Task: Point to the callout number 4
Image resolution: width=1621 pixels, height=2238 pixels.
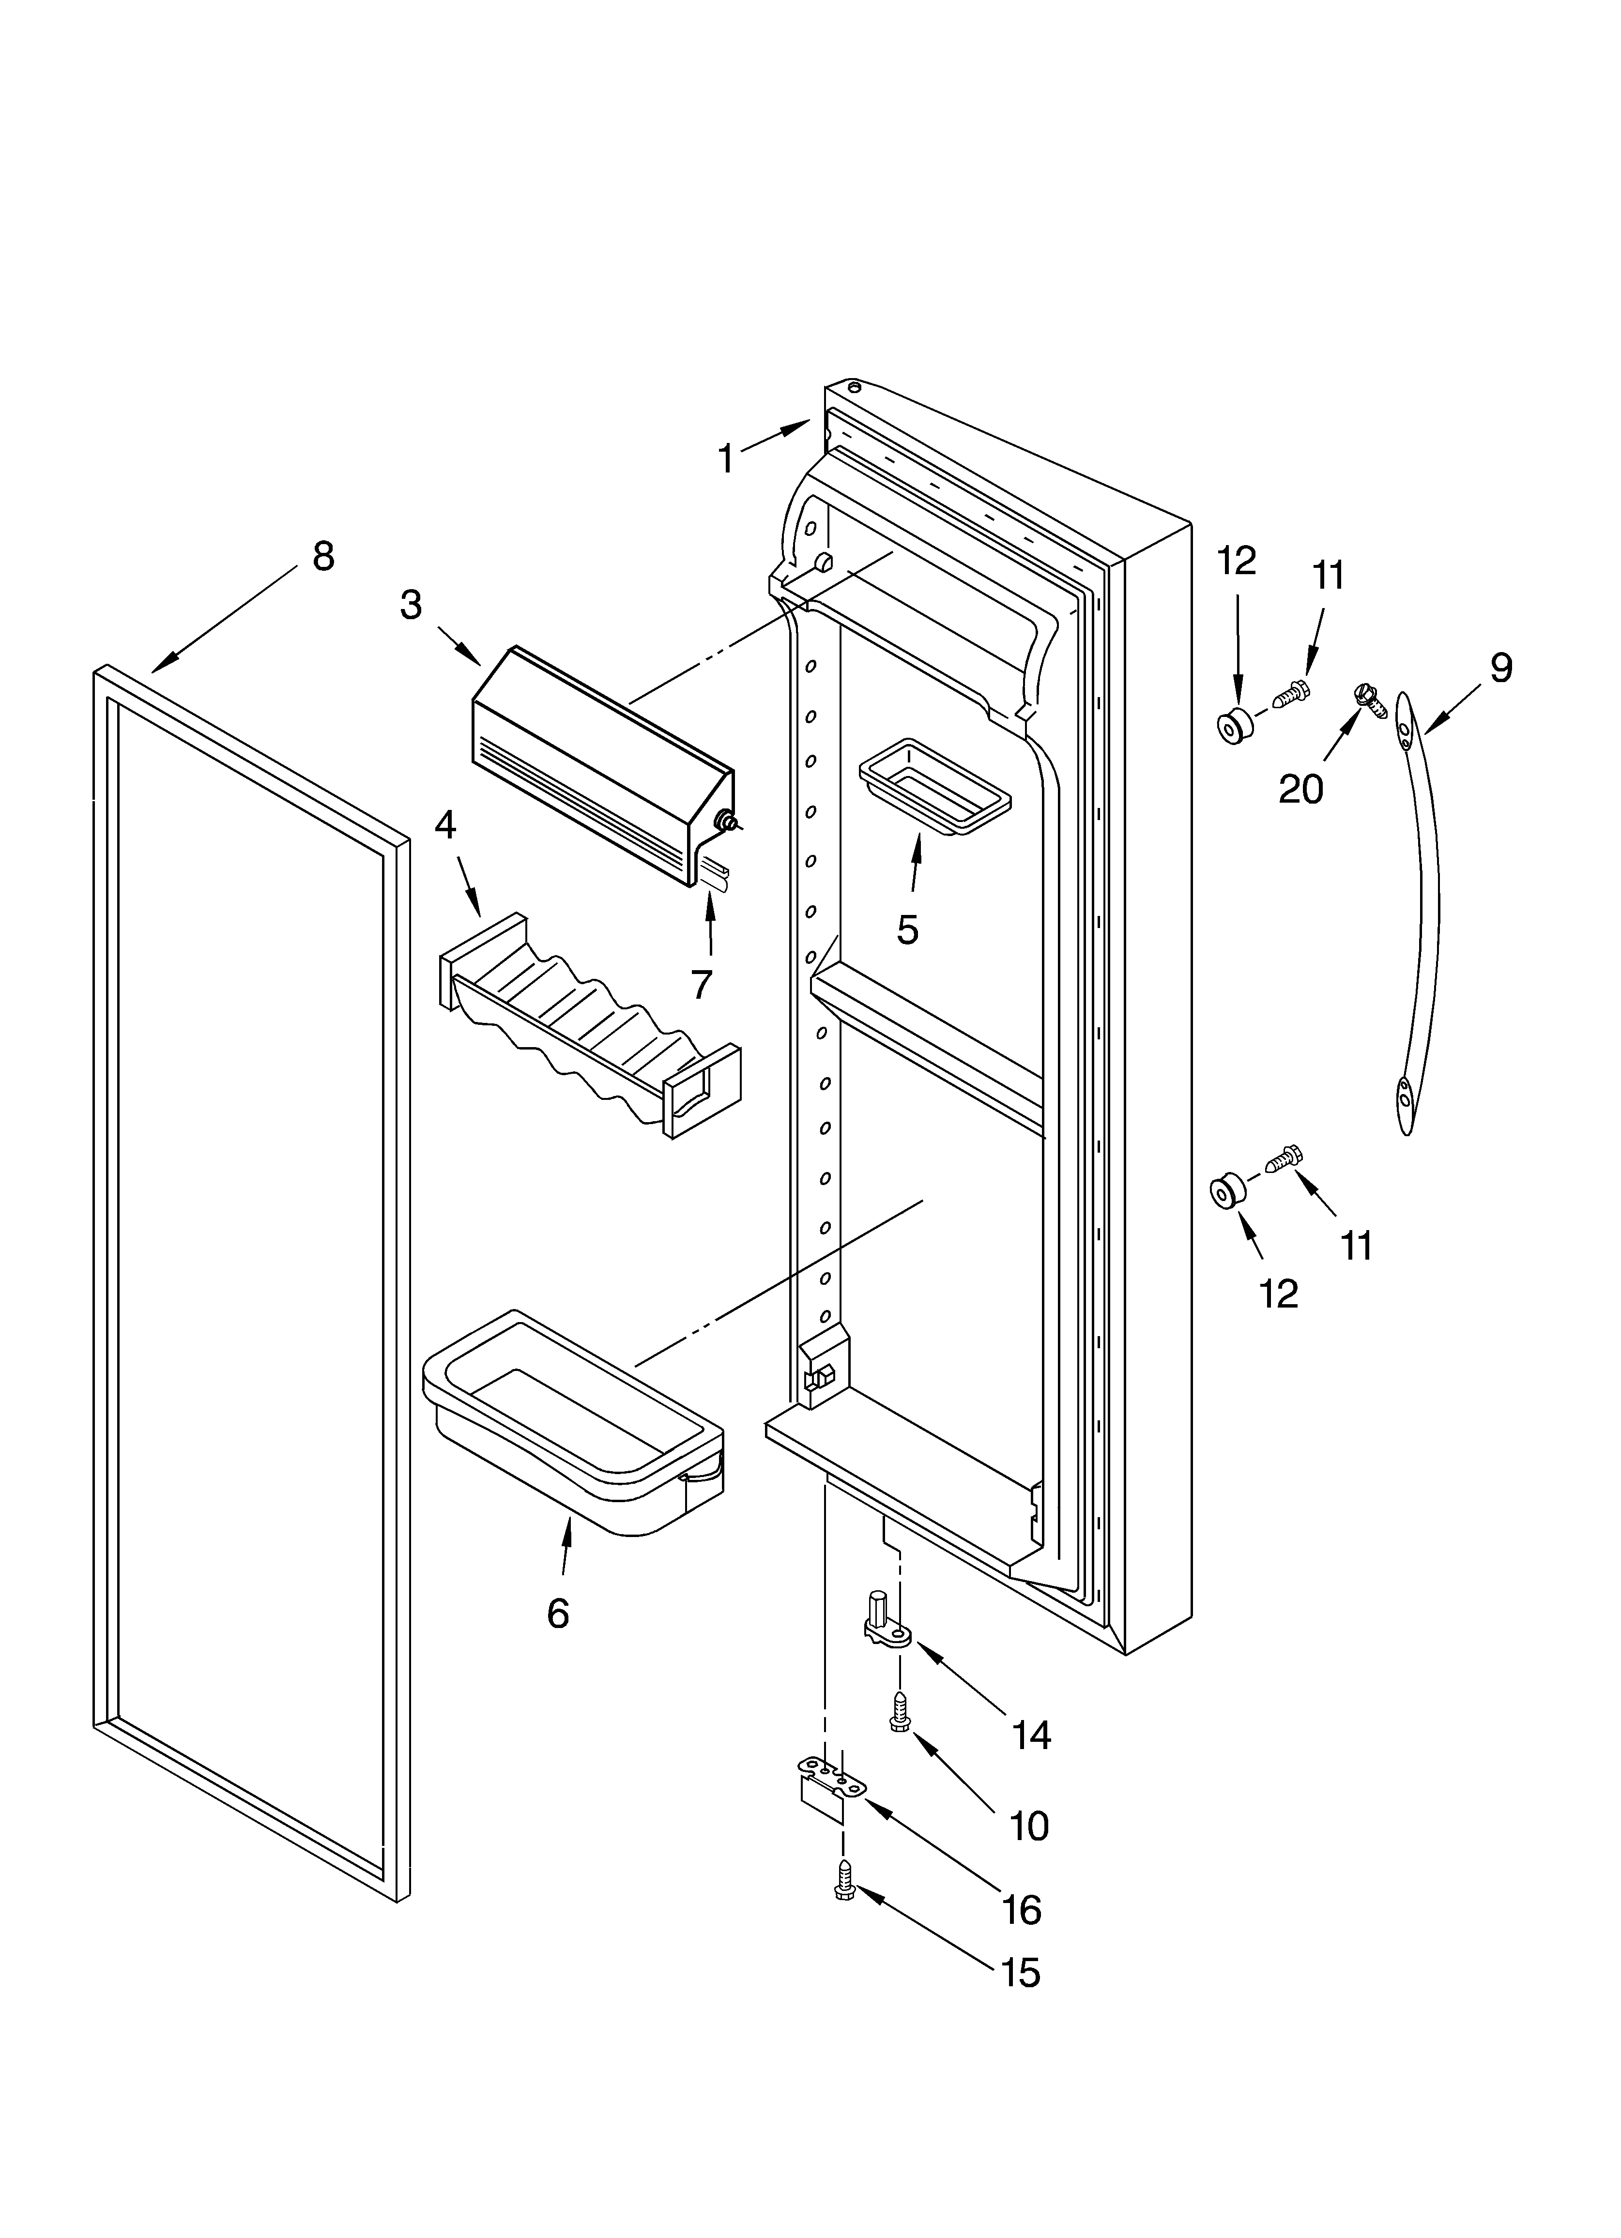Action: click(445, 825)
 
